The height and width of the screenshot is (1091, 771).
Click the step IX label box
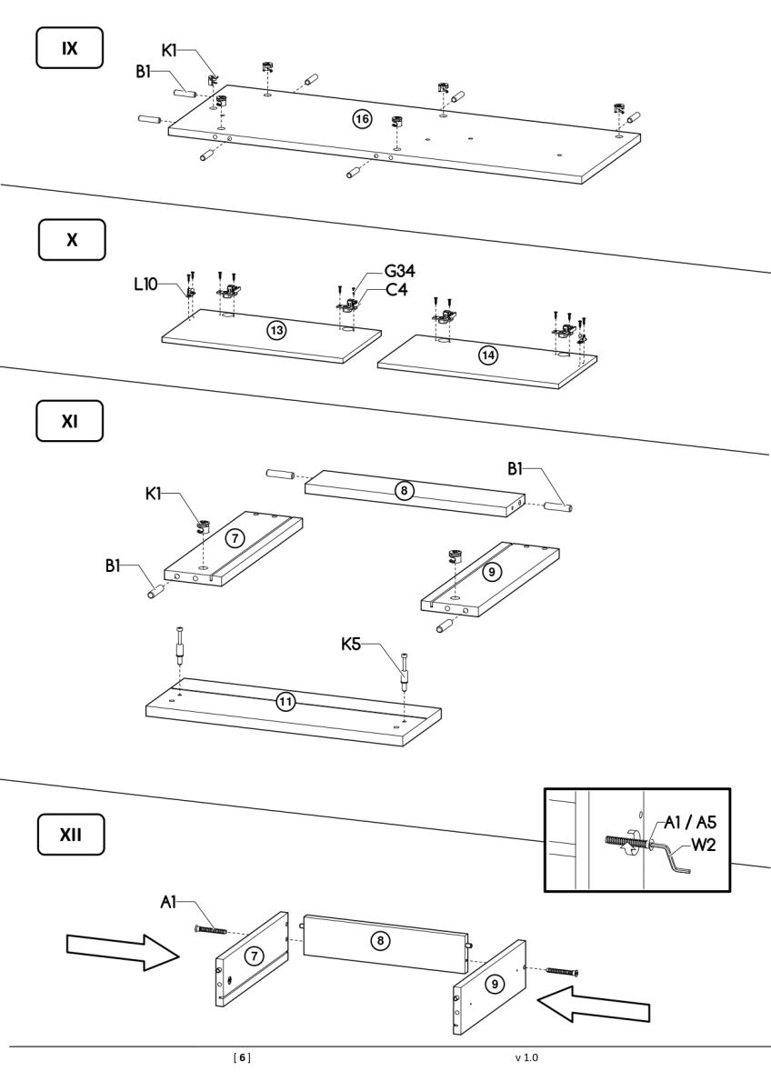tap(67, 47)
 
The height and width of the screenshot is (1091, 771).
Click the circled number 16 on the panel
tap(362, 119)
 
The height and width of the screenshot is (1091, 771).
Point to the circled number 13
tap(275, 330)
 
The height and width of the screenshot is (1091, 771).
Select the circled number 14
tap(489, 355)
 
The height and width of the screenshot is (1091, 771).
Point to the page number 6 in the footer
tap(242, 1057)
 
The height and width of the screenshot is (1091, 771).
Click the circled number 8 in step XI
tap(406, 490)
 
